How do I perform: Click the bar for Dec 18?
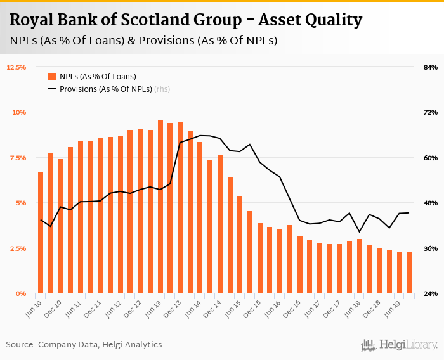click(x=379, y=271)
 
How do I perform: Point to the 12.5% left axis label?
click(x=16, y=67)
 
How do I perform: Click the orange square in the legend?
click(x=52, y=77)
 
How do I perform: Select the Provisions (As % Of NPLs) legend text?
click(x=106, y=89)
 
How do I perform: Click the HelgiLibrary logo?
click(x=399, y=345)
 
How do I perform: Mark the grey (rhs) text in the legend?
click(x=162, y=89)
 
